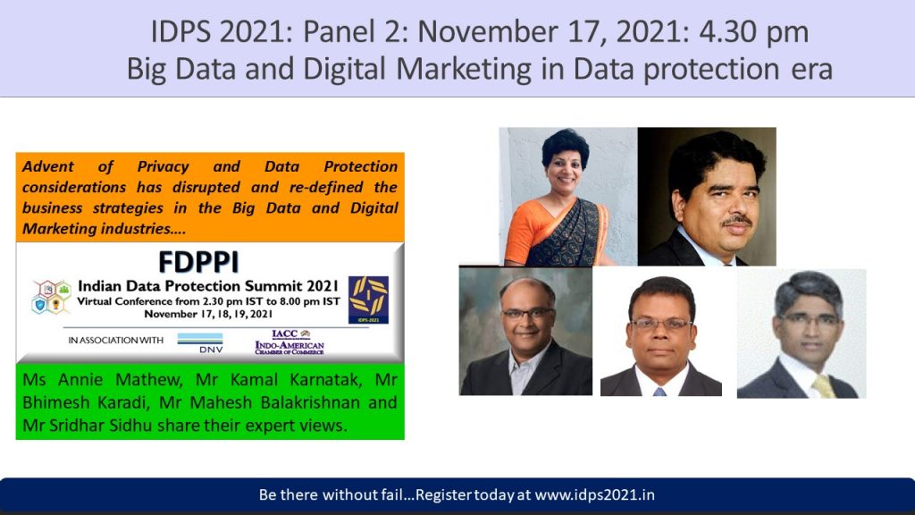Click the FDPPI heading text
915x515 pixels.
198,262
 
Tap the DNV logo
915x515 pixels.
200,342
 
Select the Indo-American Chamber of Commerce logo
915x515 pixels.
290,342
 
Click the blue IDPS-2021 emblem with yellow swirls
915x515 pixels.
368,300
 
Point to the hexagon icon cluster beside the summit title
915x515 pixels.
51,297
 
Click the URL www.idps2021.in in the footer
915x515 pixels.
594,495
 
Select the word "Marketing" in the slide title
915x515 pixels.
464,69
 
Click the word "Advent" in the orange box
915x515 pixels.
48,166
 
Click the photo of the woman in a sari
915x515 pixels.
567,196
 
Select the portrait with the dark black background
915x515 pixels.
707,196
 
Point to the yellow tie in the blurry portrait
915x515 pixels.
824,386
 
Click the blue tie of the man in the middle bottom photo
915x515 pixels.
659,392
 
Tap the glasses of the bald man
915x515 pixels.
527,314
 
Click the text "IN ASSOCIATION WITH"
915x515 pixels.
115,341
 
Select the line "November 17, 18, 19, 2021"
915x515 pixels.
208,314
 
